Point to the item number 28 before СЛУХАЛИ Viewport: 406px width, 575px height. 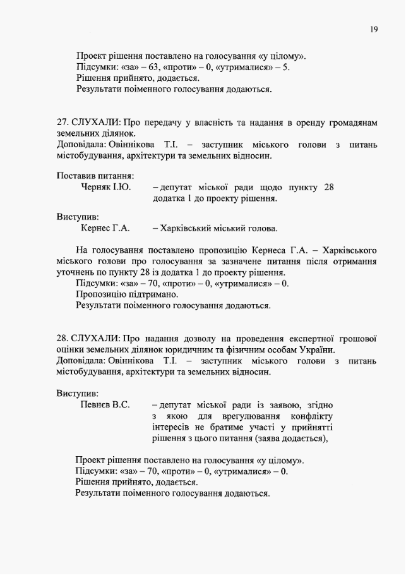pyautogui.click(x=61, y=338)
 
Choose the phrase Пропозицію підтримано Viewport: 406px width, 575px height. pyautogui.click(x=127, y=294)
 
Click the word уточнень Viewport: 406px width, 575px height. pyautogui.click(x=76, y=272)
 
